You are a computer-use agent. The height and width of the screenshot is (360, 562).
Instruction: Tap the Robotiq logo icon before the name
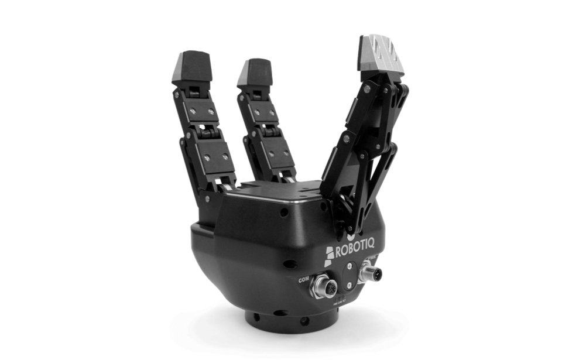(330, 255)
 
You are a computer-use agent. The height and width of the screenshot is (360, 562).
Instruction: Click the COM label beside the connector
(304, 280)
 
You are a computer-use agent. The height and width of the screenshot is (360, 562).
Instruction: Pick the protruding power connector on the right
(370, 273)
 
